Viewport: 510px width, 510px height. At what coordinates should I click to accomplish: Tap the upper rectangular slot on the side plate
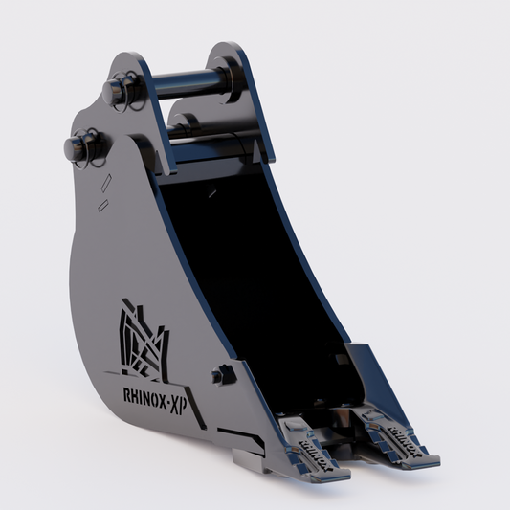coord(106,183)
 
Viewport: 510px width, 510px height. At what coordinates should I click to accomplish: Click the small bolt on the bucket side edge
coord(220,375)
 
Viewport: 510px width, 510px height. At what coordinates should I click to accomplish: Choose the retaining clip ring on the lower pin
coord(99,163)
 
